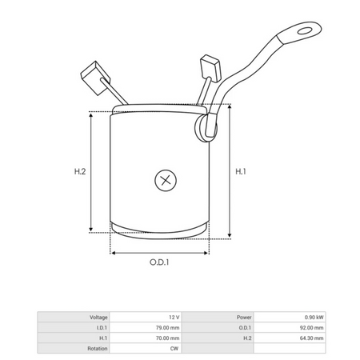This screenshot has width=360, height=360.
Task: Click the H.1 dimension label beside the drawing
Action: tap(241, 171)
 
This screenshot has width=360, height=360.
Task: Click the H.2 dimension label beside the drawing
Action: tap(80, 171)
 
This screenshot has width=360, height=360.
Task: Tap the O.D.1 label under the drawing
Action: tap(159, 262)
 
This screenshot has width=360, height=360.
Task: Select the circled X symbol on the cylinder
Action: tap(166, 180)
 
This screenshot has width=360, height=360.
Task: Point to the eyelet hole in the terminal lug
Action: tap(305, 30)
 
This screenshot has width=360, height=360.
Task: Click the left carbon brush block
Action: tap(95, 78)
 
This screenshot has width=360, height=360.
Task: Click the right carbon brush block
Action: tap(210, 68)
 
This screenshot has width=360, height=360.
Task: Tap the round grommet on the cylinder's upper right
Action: tap(206, 128)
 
